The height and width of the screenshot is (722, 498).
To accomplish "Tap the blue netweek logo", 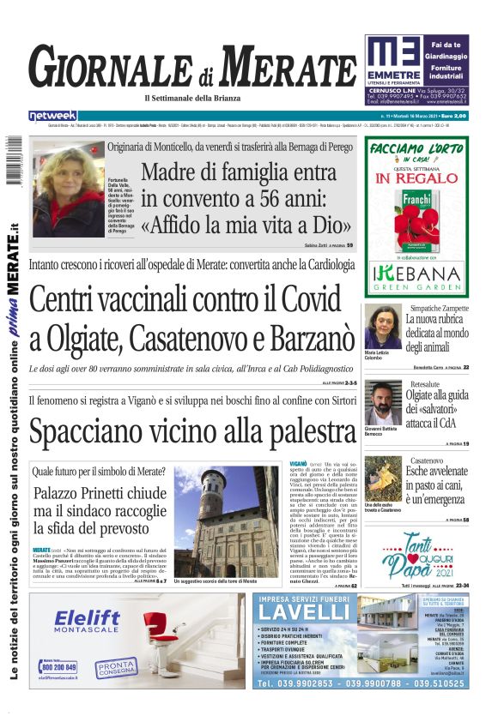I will click(x=52, y=115).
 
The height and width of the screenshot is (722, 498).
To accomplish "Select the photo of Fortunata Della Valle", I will click(x=67, y=190).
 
